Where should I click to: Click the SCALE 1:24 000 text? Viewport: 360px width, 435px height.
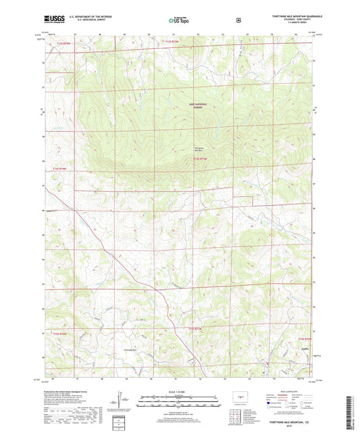[x=180, y=392]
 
